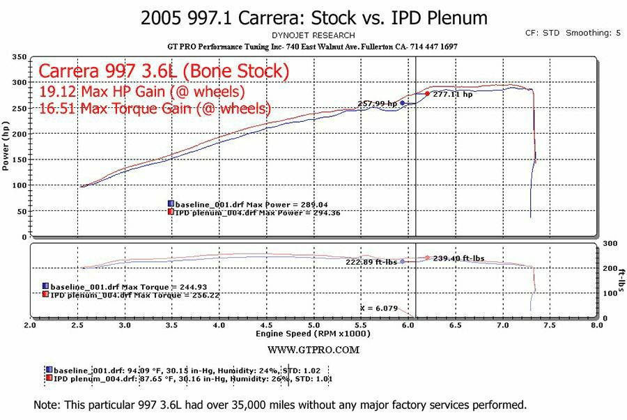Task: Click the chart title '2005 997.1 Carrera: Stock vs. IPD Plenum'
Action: coord(314,17)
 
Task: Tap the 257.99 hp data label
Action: coord(378,104)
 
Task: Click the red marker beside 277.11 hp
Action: coord(427,94)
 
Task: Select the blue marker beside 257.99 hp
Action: coord(402,103)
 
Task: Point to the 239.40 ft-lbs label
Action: coord(458,258)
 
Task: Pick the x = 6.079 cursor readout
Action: coord(378,307)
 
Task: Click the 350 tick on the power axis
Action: coord(20,57)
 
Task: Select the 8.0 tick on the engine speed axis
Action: coord(596,325)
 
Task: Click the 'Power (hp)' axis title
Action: coord(6,147)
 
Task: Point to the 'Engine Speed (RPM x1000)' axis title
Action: coord(313,334)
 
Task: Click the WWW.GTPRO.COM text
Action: coord(313,350)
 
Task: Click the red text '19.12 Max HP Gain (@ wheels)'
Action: coord(142,91)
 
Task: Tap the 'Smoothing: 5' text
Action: coord(593,33)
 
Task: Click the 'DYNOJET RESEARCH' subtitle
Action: coord(313,35)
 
